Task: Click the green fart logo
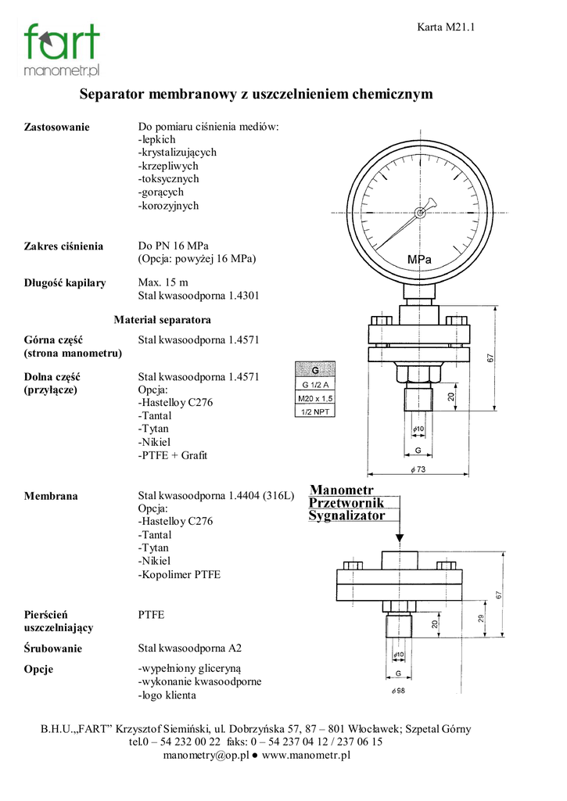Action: click(62, 49)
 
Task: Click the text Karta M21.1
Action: click(446, 27)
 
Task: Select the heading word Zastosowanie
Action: click(56, 128)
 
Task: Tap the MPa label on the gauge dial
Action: click(419, 260)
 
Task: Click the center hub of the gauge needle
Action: click(420, 213)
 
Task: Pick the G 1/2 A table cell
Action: click(315, 385)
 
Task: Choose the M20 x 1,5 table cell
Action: click(315, 398)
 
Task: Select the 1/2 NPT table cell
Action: click(315, 411)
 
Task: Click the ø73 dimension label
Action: click(418, 469)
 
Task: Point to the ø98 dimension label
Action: click(398, 691)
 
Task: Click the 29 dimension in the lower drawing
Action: click(481, 619)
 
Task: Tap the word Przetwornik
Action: click(346, 503)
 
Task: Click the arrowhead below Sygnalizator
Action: click(400, 538)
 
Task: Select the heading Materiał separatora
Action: click(163, 320)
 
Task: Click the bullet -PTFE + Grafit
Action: click(173, 455)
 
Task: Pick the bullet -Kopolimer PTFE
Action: click(179, 574)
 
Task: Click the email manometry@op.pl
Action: click(206, 755)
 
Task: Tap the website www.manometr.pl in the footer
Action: click(306, 755)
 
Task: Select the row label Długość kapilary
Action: click(65, 283)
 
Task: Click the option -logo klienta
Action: click(167, 695)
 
